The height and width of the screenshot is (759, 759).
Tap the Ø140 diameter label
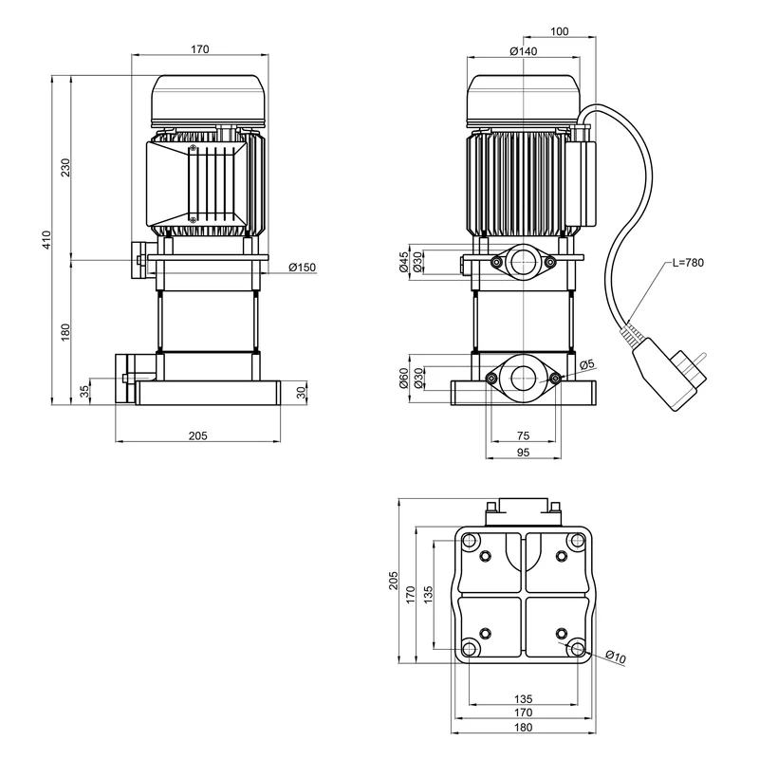point(523,51)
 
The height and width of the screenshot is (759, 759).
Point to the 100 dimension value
point(559,32)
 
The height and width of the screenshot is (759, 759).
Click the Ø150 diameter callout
point(301,268)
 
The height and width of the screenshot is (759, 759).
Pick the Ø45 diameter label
point(403,262)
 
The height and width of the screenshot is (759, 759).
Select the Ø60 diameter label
point(403,379)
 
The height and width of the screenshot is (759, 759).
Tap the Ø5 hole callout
point(586,364)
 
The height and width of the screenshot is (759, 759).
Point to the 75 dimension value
point(523,435)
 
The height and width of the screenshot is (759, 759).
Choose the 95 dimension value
point(523,453)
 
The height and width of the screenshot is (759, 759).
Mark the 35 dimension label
point(84,391)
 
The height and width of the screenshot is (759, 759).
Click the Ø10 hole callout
point(615,657)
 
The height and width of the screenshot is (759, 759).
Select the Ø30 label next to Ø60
point(418,379)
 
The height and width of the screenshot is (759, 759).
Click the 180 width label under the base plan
point(523,728)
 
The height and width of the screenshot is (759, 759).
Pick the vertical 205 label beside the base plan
point(394,580)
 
